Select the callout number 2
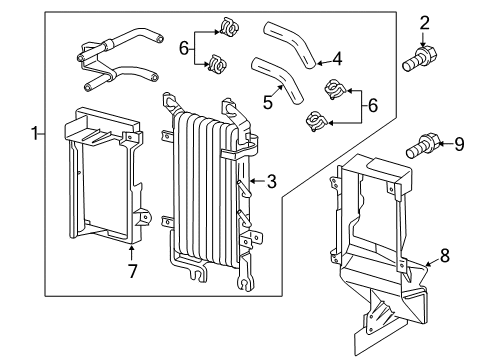424,22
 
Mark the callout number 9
459,145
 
